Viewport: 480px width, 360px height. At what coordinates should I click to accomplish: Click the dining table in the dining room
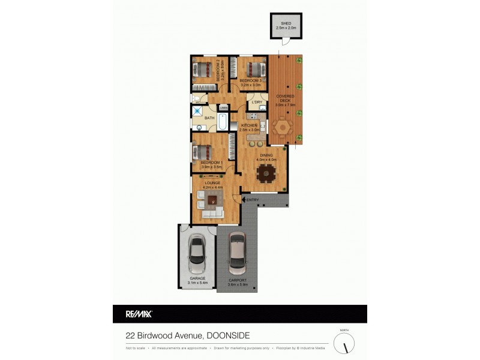(x=265, y=174)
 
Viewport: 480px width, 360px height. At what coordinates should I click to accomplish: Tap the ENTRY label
(x=252, y=200)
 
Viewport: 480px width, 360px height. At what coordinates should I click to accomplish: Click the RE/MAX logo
(x=139, y=313)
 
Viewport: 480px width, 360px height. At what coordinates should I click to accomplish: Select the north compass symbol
(x=344, y=344)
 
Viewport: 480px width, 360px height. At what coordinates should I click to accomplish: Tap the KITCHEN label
(x=249, y=125)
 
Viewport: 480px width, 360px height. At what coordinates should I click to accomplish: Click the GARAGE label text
(x=197, y=278)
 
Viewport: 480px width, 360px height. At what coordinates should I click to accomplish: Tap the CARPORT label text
(x=237, y=281)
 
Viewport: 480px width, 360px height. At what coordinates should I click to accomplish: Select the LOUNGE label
(x=212, y=183)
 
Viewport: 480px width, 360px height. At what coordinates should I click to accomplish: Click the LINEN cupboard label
(x=223, y=108)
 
